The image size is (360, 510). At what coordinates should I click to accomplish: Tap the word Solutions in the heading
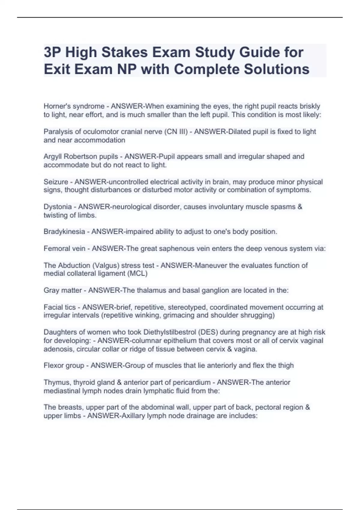[x=276, y=69]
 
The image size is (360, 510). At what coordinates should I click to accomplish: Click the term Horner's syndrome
[x=74, y=106]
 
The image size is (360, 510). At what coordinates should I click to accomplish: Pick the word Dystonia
[x=58, y=207]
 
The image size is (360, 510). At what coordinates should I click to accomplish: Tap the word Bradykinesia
[x=64, y=232]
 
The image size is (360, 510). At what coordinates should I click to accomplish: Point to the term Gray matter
[x=63, y=290]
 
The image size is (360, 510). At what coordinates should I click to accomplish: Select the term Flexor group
[x=64, y=365]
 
